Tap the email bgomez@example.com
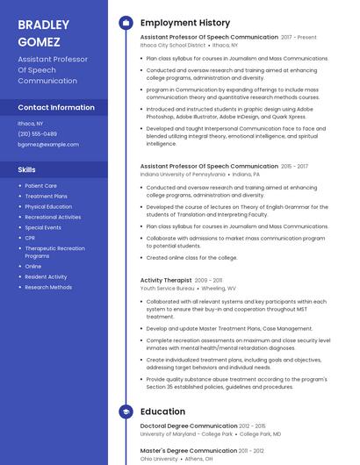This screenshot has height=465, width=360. coord(48,144)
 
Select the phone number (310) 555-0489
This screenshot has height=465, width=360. coord(38,133)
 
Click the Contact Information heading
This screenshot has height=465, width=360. coord(56,107)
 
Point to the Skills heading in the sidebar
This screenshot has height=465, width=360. coord(27,169)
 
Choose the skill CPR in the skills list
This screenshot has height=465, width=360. coord(30,238)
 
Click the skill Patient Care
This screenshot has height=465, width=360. coord(40,186)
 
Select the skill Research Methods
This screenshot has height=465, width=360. coord(48,287)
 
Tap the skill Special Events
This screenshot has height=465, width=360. coord(43,227)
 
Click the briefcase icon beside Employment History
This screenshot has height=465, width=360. coord(126,22)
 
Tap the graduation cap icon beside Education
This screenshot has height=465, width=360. coord(126,411)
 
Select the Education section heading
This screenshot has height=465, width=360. coord(162,411)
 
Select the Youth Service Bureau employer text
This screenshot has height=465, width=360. coord(167,288)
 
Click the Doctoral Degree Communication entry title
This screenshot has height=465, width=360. coord(189,426)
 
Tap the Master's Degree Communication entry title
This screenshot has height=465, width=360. coord(188,450)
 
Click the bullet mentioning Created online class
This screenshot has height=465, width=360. coord(191,258)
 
